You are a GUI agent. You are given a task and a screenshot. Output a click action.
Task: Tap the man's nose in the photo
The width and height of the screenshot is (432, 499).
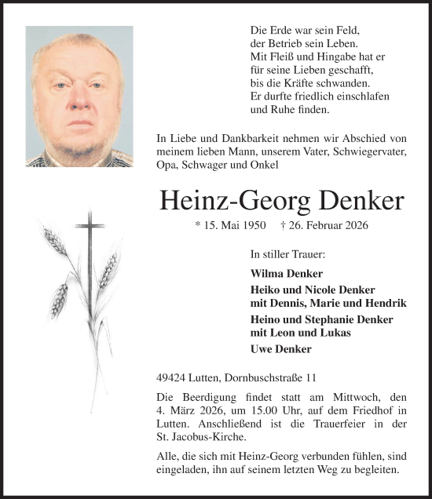[79, 97]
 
